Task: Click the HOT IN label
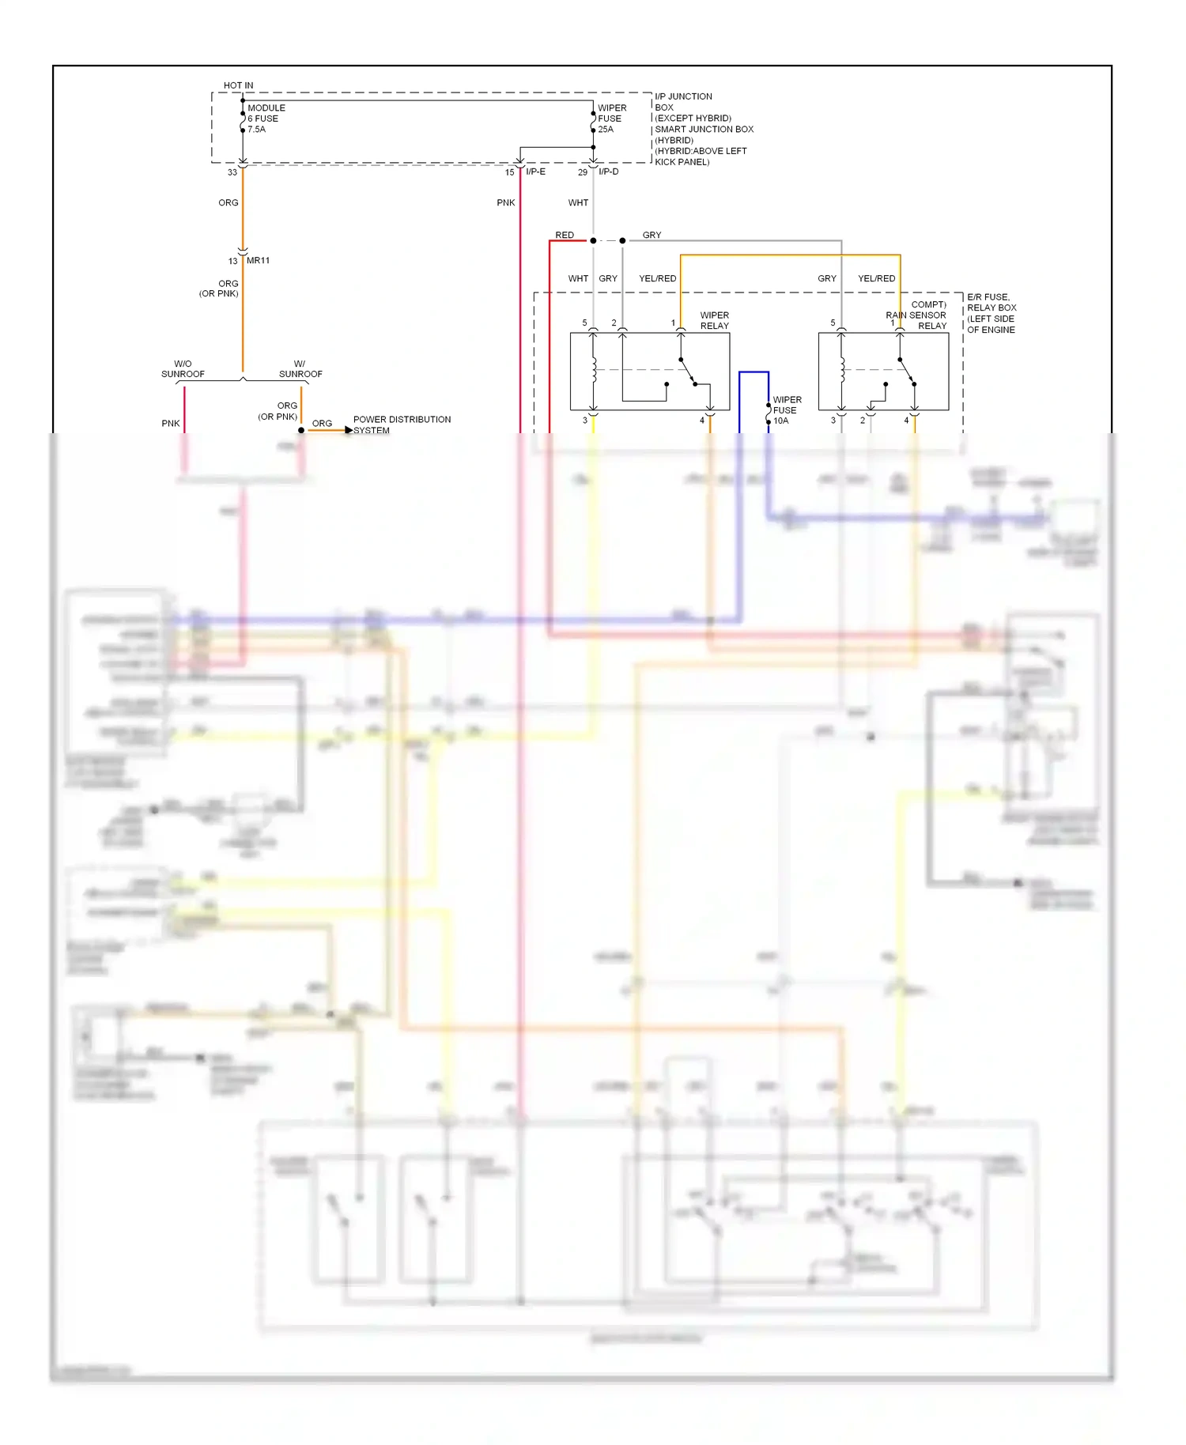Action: coord(238,85)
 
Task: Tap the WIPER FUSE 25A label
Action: coord(611,119)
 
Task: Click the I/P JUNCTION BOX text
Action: coord(682,101)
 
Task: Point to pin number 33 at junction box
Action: coord(232,172)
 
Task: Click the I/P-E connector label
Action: coord(535,172)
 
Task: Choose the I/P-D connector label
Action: coord(608,172)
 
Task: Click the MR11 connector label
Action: coord(258,260)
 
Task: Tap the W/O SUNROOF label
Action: coord(183,369)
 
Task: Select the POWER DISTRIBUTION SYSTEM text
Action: coord(401,424)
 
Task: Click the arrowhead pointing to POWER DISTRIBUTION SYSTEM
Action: coord(349,430)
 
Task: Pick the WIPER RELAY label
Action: coord(714,320)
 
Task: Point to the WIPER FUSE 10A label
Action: coord(786,410)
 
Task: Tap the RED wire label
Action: coord(564,235)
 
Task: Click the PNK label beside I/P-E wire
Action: coord(505,202)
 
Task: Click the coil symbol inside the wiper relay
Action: coord(594,369)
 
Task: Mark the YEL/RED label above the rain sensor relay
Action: coord(876,278)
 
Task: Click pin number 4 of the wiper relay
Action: coord(701,421)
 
